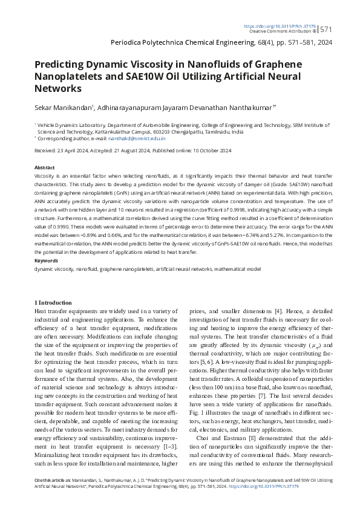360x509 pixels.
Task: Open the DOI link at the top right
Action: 279,26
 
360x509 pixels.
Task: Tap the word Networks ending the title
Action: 57,88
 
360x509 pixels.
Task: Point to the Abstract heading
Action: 45,167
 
